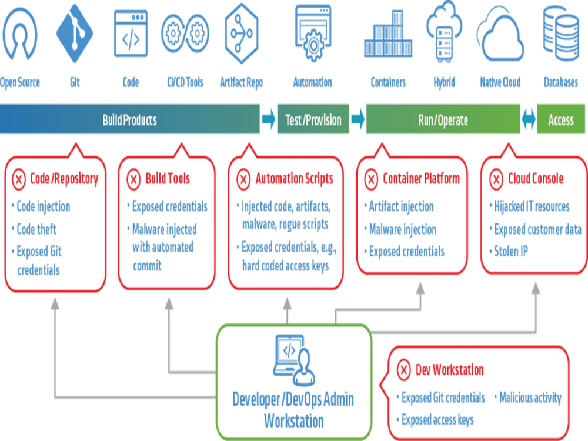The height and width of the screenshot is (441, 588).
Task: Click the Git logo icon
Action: point(75,34)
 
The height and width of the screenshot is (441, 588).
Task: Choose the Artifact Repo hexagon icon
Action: point(241,34)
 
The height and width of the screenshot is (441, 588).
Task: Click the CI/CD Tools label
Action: point(185,82)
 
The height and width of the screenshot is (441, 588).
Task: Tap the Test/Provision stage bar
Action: point(313,120)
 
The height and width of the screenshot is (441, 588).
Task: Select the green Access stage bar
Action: point(560,120)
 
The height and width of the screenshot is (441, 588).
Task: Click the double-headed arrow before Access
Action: point(529,120)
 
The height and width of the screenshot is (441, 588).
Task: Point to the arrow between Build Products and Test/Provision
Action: point(268,120)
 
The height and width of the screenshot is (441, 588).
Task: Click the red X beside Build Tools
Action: point(134,179)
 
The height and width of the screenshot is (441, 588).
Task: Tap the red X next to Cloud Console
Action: point(497,179)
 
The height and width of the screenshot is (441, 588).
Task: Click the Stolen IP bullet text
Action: point(510,252)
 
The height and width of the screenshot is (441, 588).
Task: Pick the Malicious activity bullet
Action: point(530,398)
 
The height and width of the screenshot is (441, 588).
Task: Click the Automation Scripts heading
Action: point(294,179)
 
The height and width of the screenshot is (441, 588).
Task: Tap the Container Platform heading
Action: point(421,179)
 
